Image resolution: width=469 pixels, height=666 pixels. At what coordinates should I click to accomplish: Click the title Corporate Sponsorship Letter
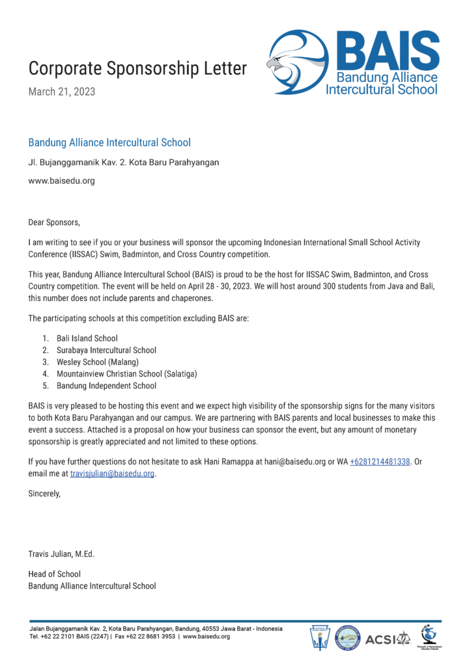137,68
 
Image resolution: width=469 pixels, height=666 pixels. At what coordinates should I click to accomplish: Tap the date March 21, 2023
62,92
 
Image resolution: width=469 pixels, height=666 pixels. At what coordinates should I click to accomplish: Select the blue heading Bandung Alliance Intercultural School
109,142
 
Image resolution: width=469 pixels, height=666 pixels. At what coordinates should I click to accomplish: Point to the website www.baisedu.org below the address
61,181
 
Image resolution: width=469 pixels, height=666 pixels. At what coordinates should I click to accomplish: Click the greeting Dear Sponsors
53,222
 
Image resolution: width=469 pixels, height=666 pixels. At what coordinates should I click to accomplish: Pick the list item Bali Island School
87,338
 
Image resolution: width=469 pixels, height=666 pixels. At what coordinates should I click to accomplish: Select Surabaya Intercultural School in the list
106,350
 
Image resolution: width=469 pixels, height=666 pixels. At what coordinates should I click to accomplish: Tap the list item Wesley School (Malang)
98,362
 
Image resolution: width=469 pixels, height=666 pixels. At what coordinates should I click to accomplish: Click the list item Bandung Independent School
106,386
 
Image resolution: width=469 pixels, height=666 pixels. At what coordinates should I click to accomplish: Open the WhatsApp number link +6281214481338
380,462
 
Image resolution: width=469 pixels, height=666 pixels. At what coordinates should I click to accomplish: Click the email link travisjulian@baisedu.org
112,473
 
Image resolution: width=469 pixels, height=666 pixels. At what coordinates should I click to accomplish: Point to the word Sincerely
44,494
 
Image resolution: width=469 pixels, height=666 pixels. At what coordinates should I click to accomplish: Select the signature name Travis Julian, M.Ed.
61,554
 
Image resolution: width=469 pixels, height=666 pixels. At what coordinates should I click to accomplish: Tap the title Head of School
54,574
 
